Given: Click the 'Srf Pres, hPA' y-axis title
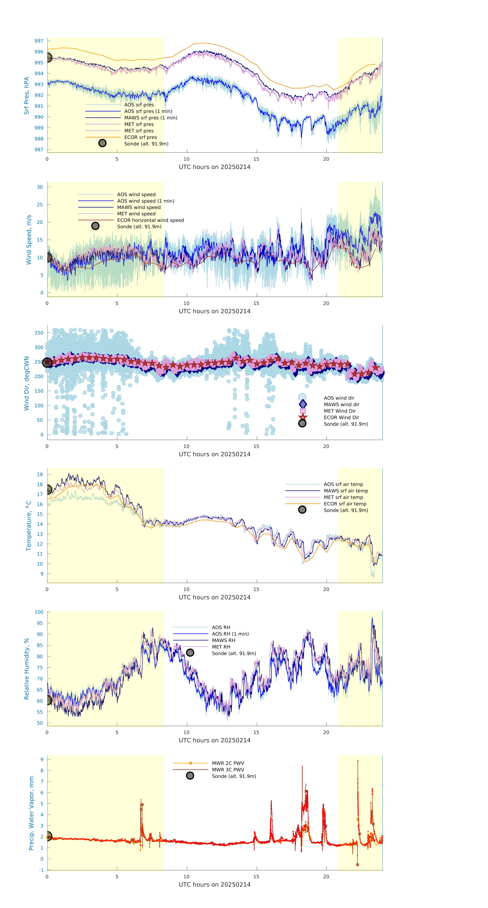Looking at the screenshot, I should [x=26, y=96].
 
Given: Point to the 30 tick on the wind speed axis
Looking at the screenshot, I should [x=40, y=187].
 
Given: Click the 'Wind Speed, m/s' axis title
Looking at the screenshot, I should [x=29, y=240].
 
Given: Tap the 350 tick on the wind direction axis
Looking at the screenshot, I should [x=39, y=333].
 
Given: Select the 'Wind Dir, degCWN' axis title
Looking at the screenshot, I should [x=26, y=383].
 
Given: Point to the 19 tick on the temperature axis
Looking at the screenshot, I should [x=40, y=474].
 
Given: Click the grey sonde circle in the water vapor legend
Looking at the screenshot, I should [x=190, y=776].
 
